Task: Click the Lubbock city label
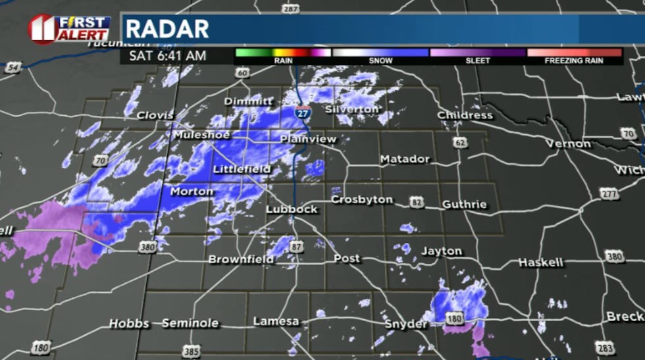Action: click(x=292, y=209)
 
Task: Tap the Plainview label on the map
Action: click(x=308, y=139)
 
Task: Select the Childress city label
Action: click(x=465, y=115)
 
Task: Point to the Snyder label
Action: click(x=406, y=324)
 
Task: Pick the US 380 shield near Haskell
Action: click(x=614, y=257)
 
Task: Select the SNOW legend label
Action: click(x=380, y=61)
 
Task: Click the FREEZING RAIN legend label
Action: click(x=574, y=61)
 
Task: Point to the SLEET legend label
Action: click(x=478, y=61)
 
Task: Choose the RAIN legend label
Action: click(x=283, y=61)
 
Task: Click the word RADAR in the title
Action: click(x=167, y=29)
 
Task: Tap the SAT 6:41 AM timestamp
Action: click(x=167, y=55)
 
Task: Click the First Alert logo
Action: click(x=69, y=29)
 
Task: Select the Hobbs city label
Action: click(x=128, y=323)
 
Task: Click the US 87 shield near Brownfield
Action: click(x=297, y=246)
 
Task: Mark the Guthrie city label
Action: click(x=465, y=204)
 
